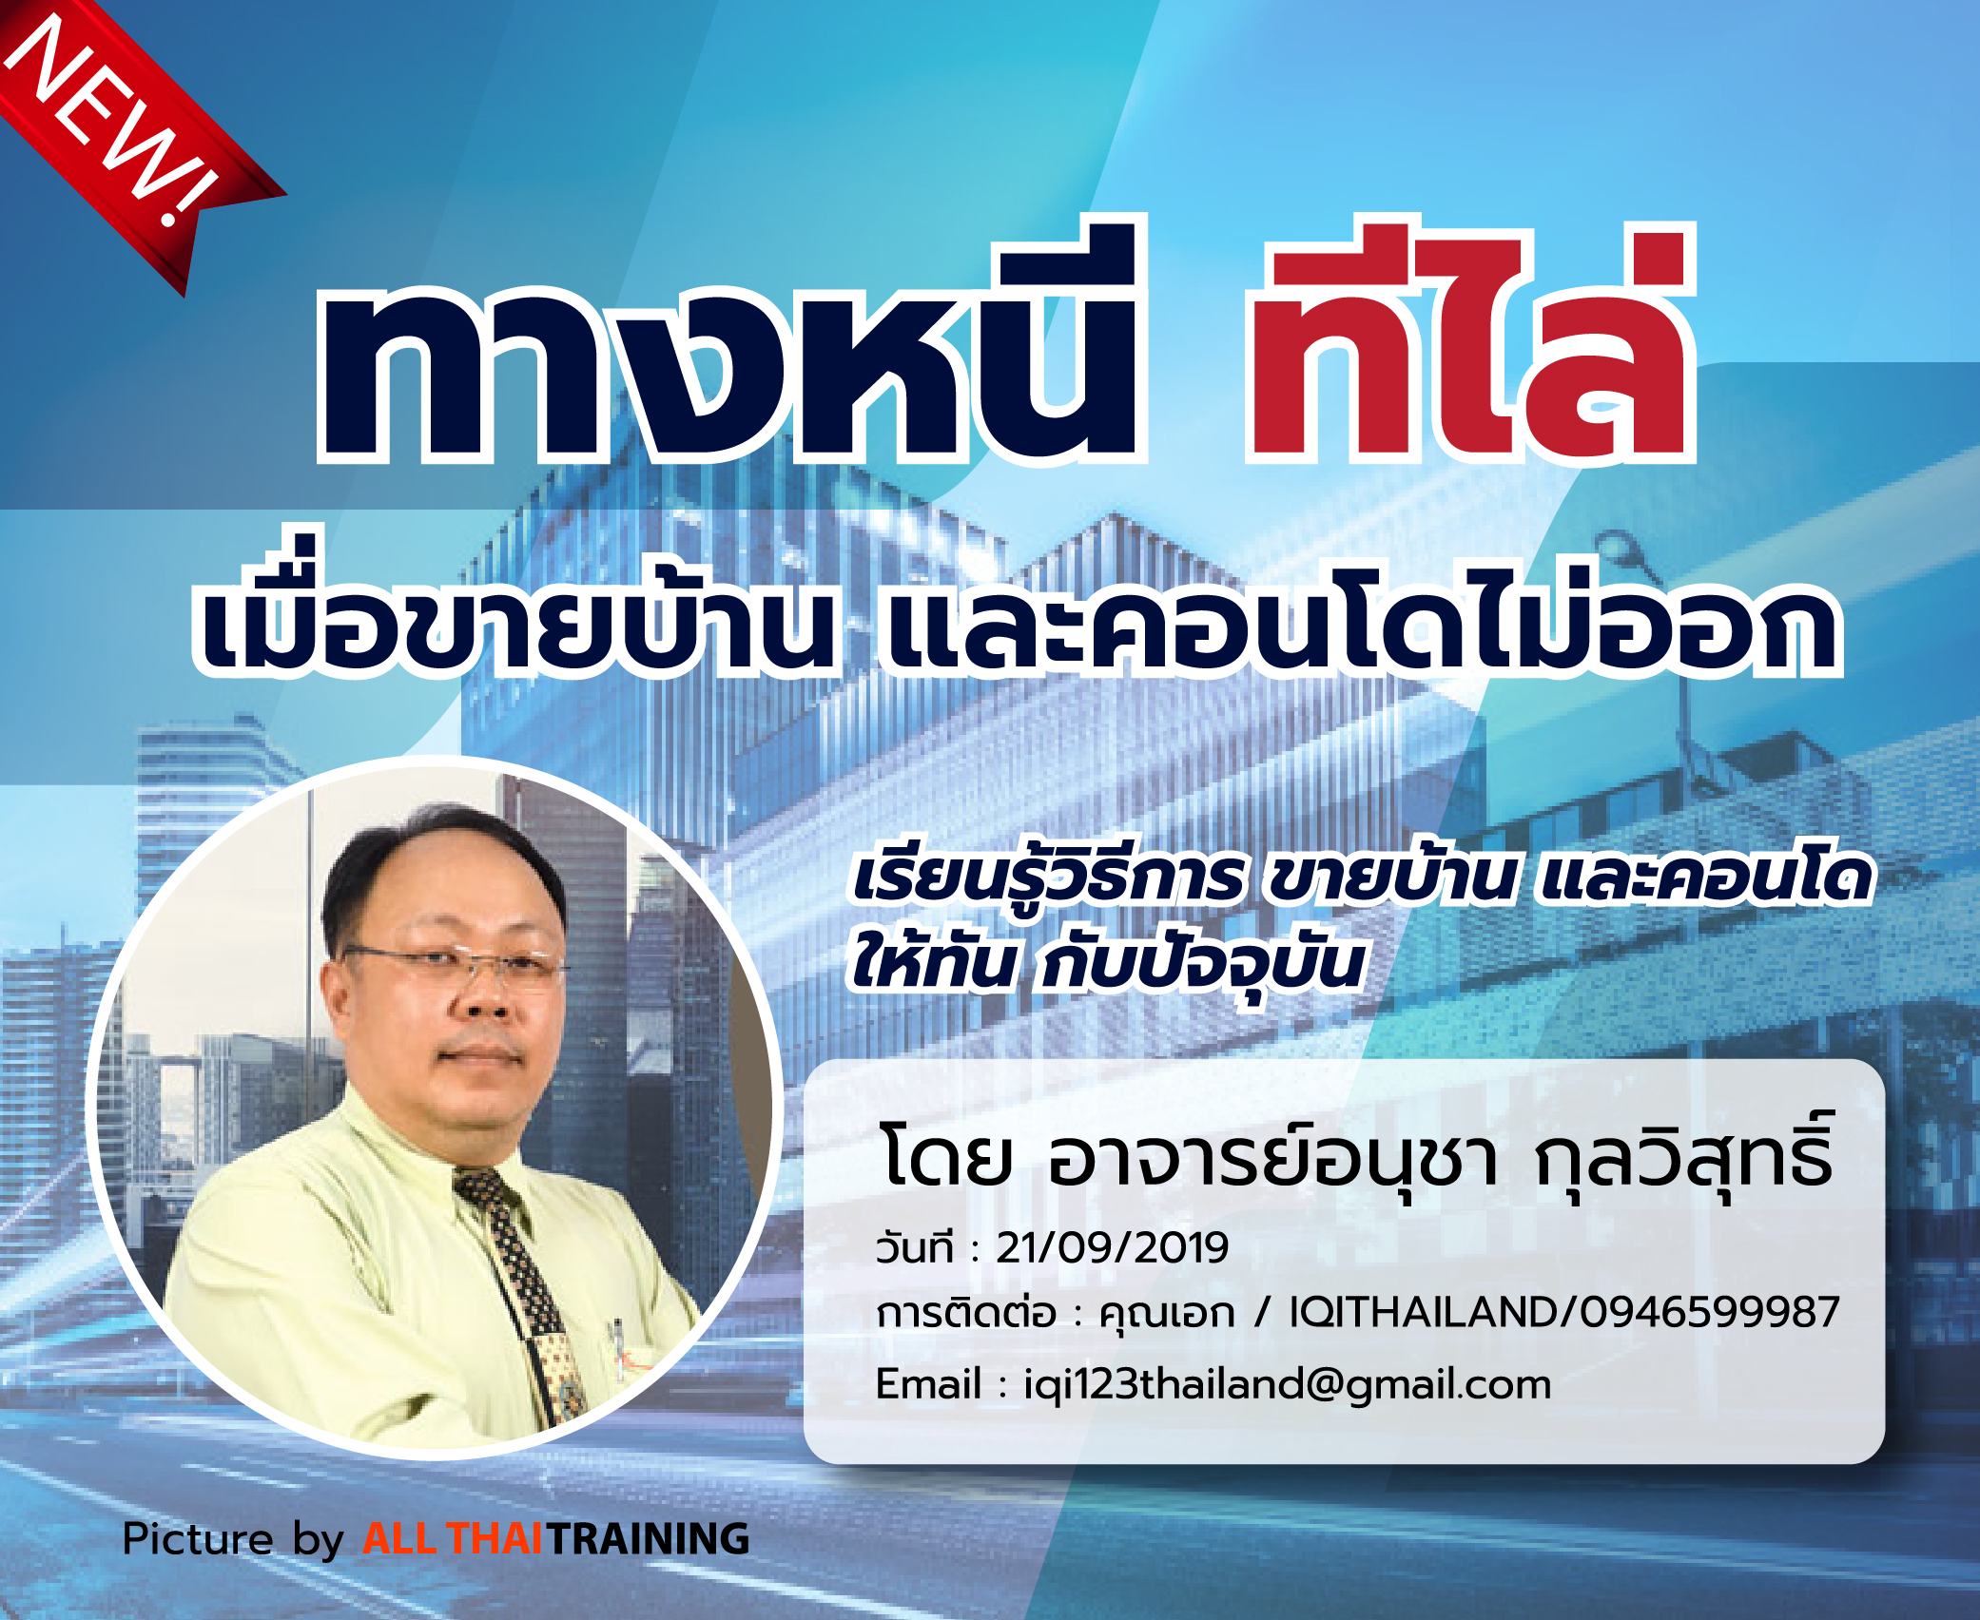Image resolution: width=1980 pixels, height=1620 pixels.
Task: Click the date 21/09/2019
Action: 1112,1247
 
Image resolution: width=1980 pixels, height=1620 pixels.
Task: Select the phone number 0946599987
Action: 1709,1312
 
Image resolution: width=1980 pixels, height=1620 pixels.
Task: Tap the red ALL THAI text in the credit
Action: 453,1539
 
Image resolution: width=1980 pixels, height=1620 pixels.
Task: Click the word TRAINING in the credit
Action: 648,1539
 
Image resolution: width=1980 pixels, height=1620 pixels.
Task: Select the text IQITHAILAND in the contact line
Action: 1423,1312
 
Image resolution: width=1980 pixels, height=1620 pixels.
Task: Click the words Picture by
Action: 233,1540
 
